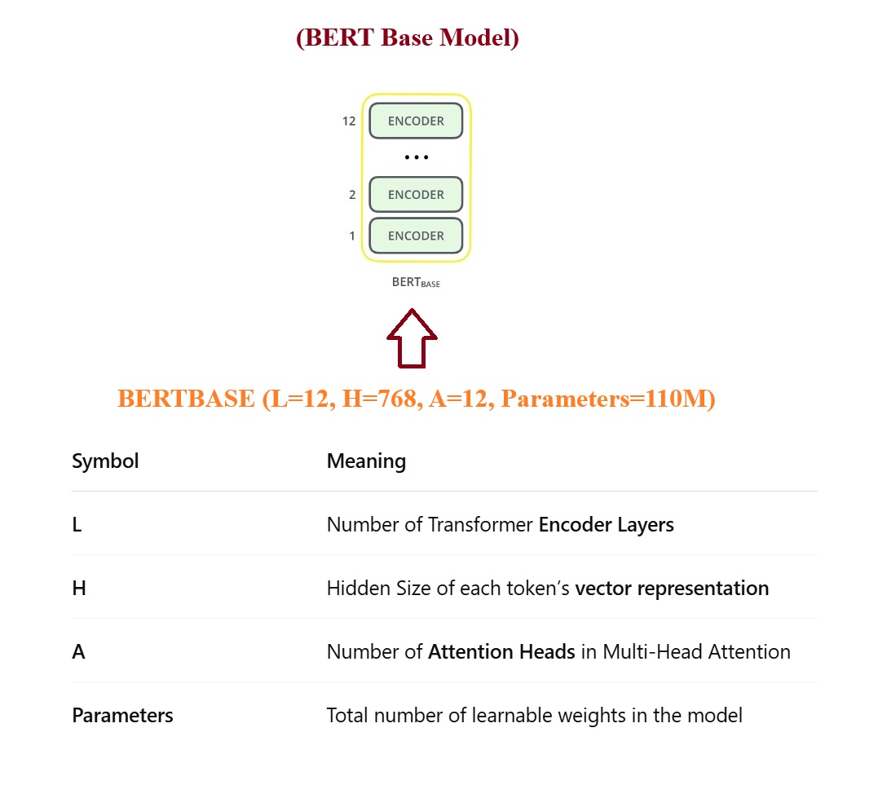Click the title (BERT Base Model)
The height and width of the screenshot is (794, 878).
(407, 38)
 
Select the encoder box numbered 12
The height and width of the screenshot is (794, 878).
(416, 121)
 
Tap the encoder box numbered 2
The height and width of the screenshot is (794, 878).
(416, 195)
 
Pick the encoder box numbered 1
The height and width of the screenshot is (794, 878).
(416, 236)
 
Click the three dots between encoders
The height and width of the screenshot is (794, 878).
(416, 157)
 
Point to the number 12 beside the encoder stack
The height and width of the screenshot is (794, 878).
(349, 121)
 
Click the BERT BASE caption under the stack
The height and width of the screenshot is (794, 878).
(416, 283)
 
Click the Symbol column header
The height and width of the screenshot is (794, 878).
(105, 461)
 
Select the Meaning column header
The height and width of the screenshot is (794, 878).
(366, 461)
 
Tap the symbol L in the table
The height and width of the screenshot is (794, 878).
(77, 525)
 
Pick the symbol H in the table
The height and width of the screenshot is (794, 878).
(79, 589)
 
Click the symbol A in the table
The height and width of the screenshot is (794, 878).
(78, 652)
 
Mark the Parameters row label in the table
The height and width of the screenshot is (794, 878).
(122, 716)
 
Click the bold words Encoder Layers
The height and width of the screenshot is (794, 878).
(606, 525)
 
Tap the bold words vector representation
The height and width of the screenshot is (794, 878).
(672, 589)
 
